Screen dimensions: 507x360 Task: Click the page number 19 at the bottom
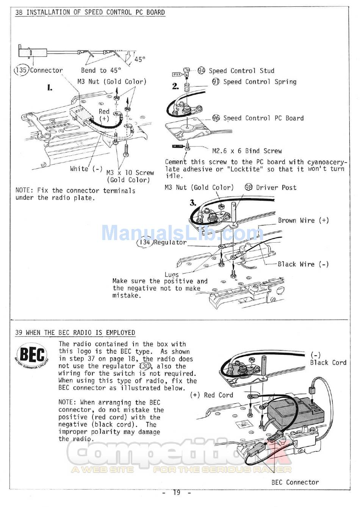pyautogui.click(x=177, y=493)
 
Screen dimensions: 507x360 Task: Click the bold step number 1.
pyautogui.click(x=50, y=88)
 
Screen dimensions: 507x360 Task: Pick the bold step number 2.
pyautogui.click(x=175, y=86)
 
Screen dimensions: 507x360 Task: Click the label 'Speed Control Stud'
pyautogui.click(x=241, y=71)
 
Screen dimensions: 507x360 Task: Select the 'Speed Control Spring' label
pyautogui.click(x=260, y=82)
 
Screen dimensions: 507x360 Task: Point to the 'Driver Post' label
pyautogui.click(x=276, y=187)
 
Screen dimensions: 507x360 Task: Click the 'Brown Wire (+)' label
pyautogui.click(x=303, y=220)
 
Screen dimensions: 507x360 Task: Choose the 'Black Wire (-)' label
pyautogui.click(x=303, y=264)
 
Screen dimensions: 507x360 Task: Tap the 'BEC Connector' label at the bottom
pyautogui.click(x=295, y=482)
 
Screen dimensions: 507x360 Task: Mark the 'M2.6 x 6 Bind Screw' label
pyautogui.click(x=247, y=151)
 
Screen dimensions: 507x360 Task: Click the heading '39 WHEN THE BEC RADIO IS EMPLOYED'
pyautogui.click(x=75, y=333)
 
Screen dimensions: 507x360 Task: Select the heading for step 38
pyautogui.click(x=90, y=12)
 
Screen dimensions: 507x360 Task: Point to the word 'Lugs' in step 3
pyautogui.click(x=171, y=274)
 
